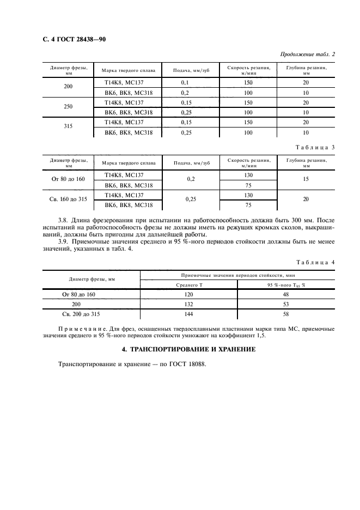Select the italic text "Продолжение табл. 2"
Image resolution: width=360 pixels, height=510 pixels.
pyautogui.click(x=307, y=54)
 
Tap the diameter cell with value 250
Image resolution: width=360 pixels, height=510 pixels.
pyautogui.click(x=69, y=107)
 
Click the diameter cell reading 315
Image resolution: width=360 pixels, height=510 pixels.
pyautogui.click(x=69, y=127)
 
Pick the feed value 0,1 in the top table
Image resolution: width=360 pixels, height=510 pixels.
pyautogui.click(x=185, y=82)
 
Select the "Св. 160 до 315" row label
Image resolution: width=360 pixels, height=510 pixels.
pyautogui.click(x=69, y=199)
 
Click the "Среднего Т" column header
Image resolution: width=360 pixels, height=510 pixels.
pyautogui.click(x=188, y=285)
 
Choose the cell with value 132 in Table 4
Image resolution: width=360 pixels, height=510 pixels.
pyautogui.click(x=188, y=305)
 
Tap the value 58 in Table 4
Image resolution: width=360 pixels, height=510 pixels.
pyautogui.click(x=286, y=314)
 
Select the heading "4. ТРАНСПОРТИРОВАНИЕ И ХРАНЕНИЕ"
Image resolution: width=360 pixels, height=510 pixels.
pyautogui.click(x=180, y=349)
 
